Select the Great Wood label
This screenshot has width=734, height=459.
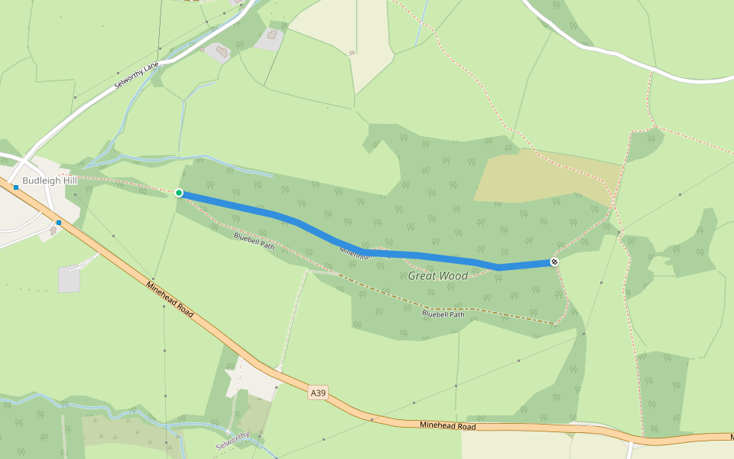point(437,275)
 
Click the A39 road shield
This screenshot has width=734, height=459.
point(318,393)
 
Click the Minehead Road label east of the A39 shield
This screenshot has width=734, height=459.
point(447,426)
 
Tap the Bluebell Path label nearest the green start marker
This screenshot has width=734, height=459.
point(254,241)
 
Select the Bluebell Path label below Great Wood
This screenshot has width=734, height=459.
point(443,314)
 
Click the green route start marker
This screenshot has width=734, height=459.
point(179,193)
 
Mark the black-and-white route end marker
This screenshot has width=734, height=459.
point(554,262)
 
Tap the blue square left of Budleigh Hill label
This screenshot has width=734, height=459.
point(15,187)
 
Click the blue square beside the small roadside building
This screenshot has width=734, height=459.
point(58,223)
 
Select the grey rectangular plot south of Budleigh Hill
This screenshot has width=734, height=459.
point(69,279)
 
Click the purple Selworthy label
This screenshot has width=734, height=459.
point(232,441)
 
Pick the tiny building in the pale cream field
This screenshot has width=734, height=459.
point(352,53)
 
